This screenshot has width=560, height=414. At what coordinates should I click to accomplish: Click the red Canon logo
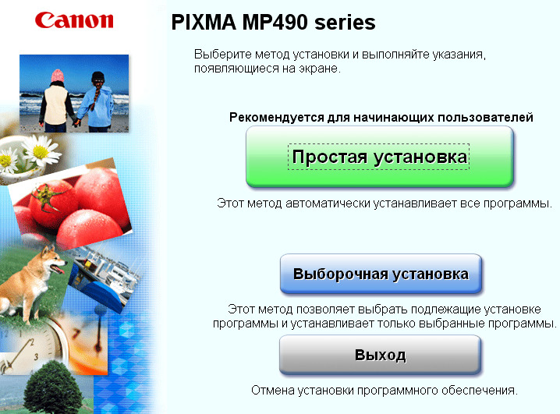(74, 20)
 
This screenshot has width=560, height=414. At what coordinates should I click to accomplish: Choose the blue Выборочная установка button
(381, 274)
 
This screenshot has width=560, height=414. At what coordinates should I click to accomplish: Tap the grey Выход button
(380, 355)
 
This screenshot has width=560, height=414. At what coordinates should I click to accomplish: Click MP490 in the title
(275, 22)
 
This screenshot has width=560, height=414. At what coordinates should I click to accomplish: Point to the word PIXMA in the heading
(204, 22)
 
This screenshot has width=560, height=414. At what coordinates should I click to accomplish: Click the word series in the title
(345, 22)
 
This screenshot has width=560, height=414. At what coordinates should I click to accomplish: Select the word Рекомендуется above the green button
(276, 118)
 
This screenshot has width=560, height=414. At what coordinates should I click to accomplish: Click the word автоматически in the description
(328, 203)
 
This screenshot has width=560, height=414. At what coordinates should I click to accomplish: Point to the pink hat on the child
(58, 76)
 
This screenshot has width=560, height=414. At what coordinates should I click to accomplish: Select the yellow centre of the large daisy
(41, 152)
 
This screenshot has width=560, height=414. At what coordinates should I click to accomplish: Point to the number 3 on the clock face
(36, 356)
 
